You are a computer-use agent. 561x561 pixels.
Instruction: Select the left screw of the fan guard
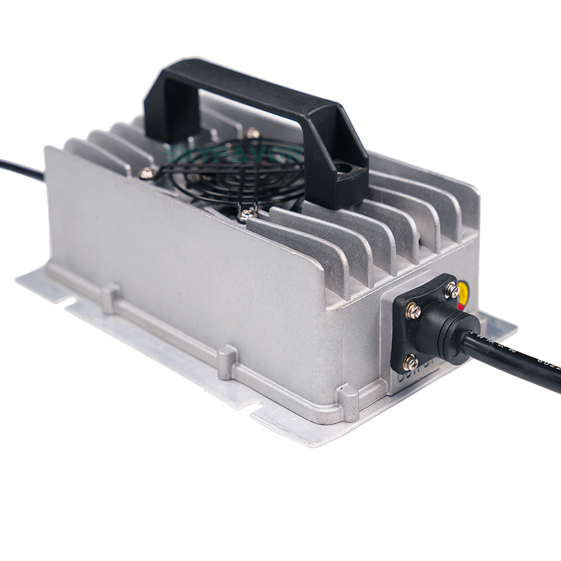tap(147, 173)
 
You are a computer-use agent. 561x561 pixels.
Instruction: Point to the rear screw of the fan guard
tap(252, 134)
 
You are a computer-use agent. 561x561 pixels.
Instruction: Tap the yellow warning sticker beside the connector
tap(463, 292)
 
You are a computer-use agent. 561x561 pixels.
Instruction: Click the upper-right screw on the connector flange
tap(452, 291)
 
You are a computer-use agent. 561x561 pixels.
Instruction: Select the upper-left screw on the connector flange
tap(413, 310)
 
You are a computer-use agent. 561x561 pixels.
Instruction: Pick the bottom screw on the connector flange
tap(411, 362)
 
